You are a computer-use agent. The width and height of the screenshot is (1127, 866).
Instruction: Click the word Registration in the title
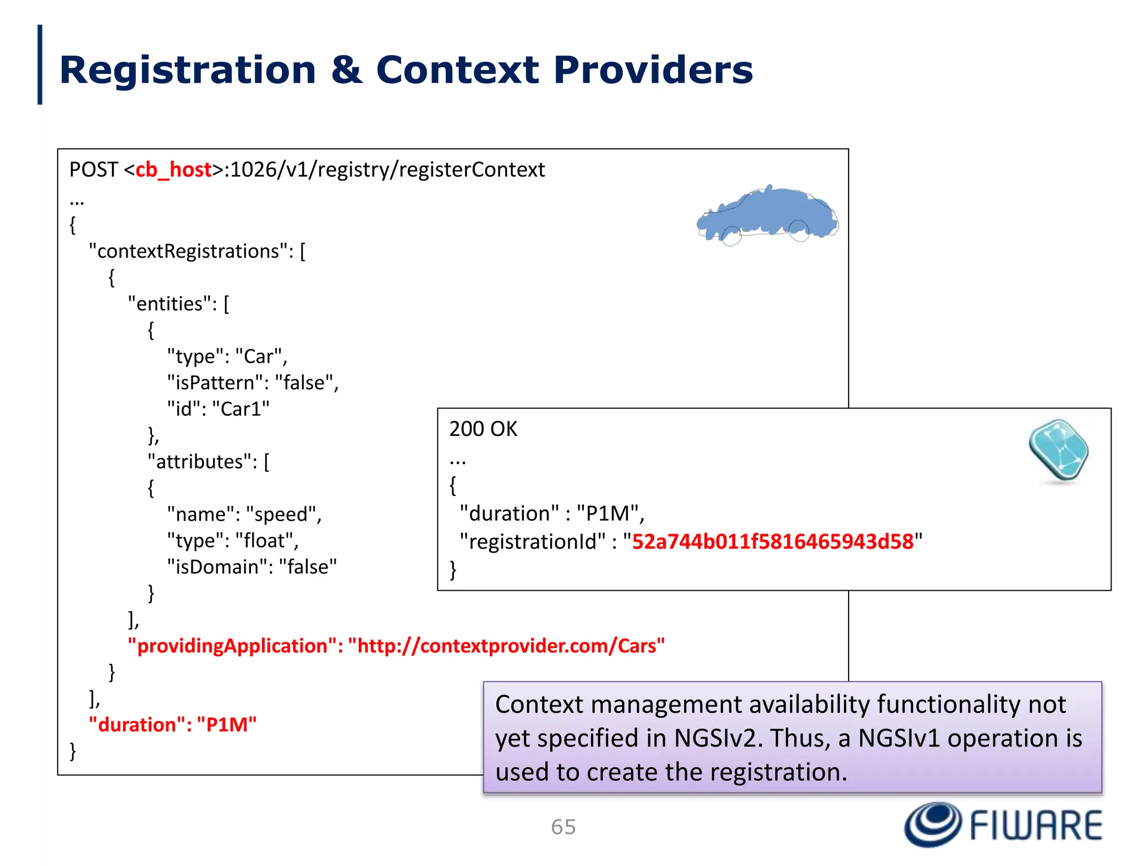(187, 70)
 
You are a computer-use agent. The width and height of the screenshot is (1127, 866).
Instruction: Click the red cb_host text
(173, 170)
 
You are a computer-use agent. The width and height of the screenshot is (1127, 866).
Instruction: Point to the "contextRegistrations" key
(191, 251)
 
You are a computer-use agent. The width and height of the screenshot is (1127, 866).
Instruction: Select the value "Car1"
(241, 409)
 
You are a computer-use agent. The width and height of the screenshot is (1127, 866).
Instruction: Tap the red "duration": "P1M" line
(172, 725)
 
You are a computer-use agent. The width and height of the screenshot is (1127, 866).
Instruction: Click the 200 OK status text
(483, 429)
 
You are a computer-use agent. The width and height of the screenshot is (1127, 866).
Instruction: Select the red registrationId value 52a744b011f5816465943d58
(773, 542)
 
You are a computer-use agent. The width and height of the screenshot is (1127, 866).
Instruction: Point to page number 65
(563, 827)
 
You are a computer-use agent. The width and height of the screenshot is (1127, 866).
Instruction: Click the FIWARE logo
(1003, 825)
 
